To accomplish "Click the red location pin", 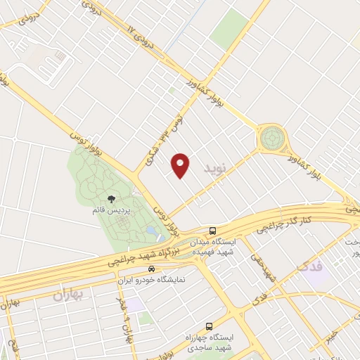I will click(181, 165).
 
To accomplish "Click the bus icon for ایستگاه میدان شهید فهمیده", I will click(212, 231).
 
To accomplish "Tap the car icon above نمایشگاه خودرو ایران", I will click(150, 269).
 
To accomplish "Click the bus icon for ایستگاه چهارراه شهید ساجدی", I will click(208, 326).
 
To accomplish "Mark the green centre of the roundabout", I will click(271, 138).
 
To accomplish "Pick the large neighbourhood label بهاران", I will click(67, 295).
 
